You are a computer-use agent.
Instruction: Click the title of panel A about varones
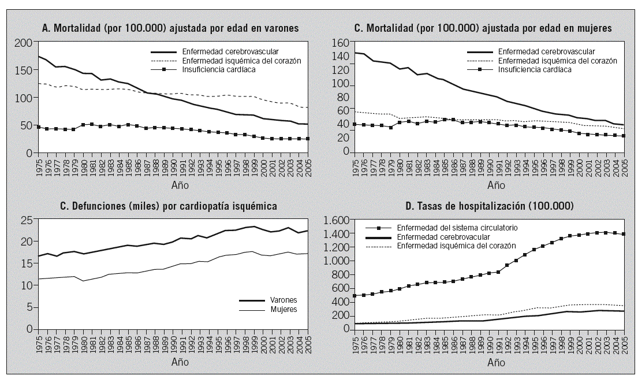171,28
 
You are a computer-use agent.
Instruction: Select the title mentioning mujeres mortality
482,28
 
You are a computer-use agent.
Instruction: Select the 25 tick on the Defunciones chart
25,220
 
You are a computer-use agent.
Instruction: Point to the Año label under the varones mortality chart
180,185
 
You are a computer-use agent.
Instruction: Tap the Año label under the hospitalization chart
496,362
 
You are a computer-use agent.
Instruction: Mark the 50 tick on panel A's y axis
25,126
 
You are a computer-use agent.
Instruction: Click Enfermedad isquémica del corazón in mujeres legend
557,61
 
